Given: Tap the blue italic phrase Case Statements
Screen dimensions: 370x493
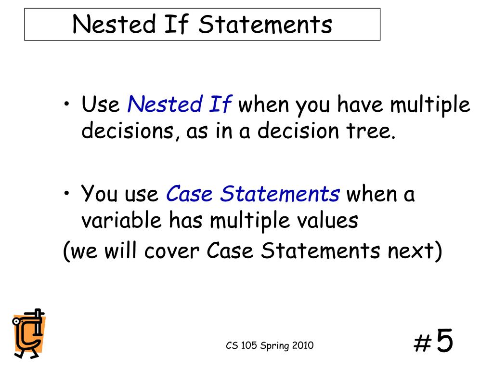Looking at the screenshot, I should click(253, 194).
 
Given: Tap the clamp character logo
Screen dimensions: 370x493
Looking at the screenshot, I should click(28, 333).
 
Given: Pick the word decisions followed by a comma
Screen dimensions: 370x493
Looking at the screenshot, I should click(127, 131).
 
